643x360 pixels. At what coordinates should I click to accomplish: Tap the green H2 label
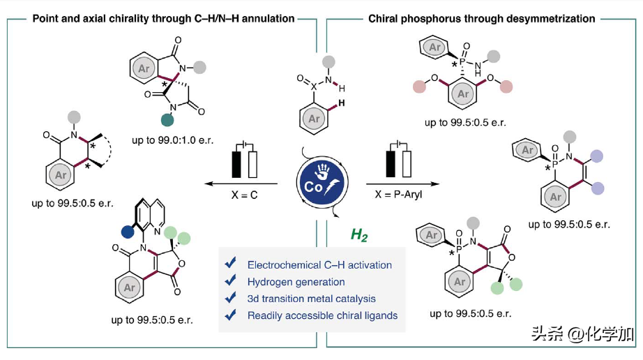[x=360, y=236]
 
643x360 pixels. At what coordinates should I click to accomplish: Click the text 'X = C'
[x=244, y=196]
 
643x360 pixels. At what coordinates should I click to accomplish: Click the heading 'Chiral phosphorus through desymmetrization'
[x=481, y=19]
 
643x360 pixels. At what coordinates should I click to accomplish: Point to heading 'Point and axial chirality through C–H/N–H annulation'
[x=164, y=19]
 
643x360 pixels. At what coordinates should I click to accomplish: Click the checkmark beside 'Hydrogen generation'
[x=230, y=282]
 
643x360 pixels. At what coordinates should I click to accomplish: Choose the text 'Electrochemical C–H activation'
[x=319, y=264]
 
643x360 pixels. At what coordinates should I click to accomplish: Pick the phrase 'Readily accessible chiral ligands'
[x=322, y=315]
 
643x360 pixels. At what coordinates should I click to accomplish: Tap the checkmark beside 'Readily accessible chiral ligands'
[x=230, y=315]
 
